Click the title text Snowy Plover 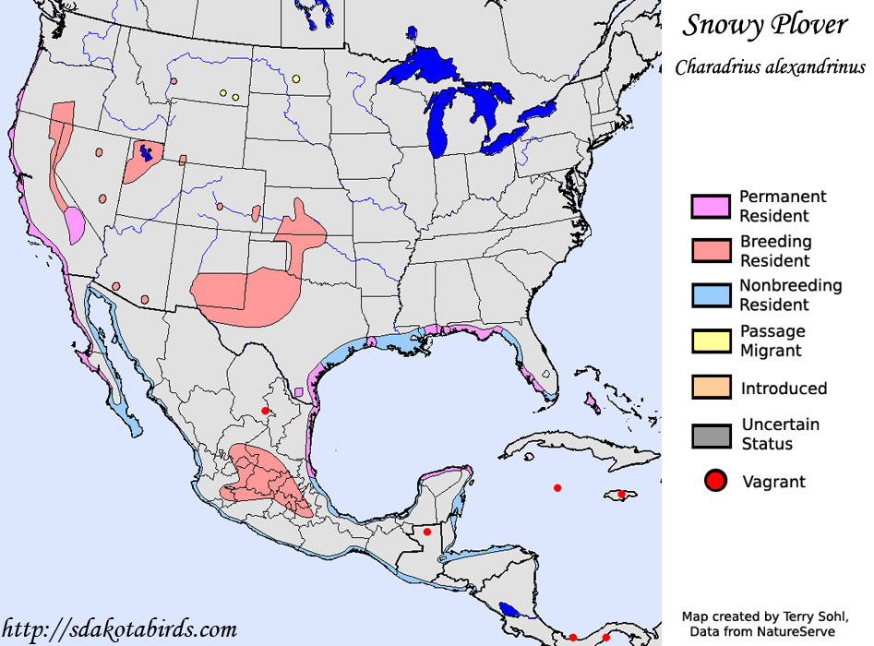pos(764,26)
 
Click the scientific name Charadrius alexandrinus pos(770,67)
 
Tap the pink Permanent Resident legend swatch pos(711,207)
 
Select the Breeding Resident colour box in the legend pos(711,251)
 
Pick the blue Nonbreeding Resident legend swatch pos(711,295)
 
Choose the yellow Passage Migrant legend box pos(711,341)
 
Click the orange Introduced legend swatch pos(711,388)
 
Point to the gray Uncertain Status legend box pos(711,435)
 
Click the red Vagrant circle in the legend pos(714,481)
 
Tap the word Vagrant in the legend pos(773,482)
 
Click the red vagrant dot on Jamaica pos(622,495)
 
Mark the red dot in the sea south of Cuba pos(557,487)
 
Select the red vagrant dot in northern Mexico pos(265,411)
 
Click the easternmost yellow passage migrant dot pos(295,79)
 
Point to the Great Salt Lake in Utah pos(145,151)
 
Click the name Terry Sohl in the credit pos(810,616)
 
